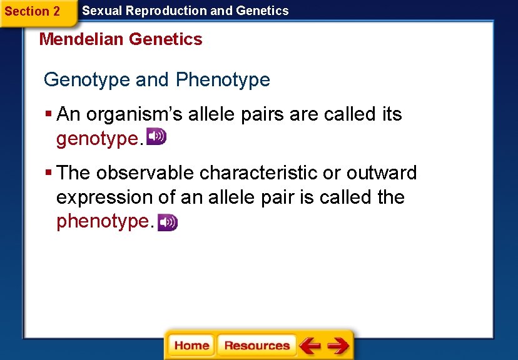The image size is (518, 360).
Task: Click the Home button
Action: (x=191, y=345)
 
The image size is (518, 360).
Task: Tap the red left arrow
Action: (x=310, y=345)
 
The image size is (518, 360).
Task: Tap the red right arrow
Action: (x=338, y=345)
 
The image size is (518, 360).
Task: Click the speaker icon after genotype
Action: (x=156, y=137)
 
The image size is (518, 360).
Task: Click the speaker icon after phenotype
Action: (x=168, y=222)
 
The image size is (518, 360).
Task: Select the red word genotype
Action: (x=96, y=139)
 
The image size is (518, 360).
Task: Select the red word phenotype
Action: (x=103, y=221)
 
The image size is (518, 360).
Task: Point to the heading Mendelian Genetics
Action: (x=121, y=39)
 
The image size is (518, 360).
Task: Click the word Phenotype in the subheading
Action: (x=223, y=80)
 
